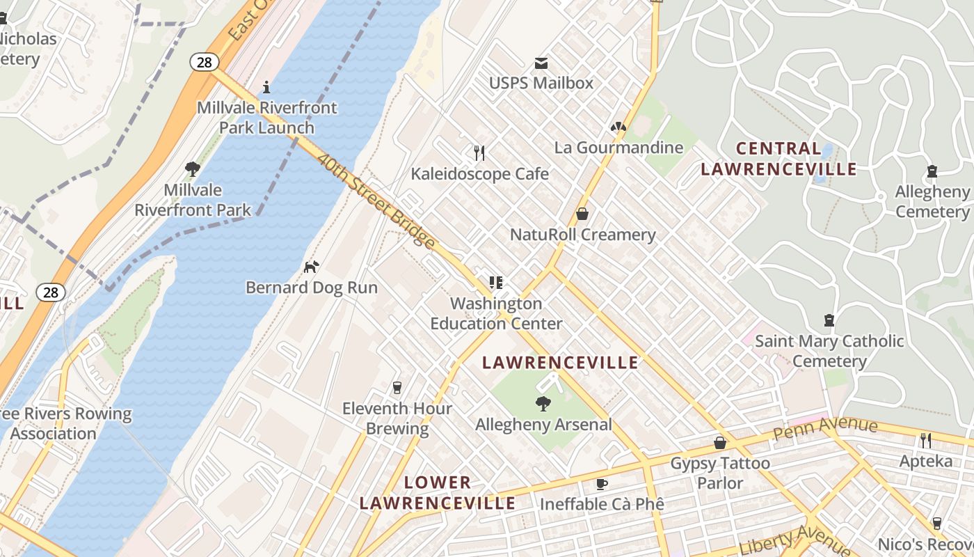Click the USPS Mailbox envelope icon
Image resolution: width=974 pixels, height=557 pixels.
tap(541, 63)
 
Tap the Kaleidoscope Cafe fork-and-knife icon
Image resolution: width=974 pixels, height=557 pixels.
tap(479, 152)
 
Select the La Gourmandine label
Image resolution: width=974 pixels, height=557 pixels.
tap(618, 148)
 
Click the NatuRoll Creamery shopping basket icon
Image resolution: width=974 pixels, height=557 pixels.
tap(582, 214)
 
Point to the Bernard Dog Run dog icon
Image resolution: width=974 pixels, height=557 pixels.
tap(312, 267)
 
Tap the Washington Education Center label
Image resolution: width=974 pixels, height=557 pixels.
tap(496, 313)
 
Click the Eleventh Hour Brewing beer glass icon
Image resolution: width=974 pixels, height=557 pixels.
tap(397, 387)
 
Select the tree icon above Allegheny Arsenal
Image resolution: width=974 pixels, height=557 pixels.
tap(543, 403)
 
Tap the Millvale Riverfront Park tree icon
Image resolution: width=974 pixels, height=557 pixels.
tap(193, 168)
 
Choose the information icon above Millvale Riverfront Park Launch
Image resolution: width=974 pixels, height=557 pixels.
tap(266, 87)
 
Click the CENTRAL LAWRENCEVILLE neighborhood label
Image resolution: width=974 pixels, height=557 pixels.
tap(779, 159)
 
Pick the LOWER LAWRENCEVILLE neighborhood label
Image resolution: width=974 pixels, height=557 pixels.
tap(438, 493)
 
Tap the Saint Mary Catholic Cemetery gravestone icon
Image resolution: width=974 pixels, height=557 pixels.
tap(829, 320)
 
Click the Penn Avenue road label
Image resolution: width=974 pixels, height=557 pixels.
tap(825, 428)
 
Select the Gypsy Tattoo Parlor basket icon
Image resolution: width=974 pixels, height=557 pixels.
tap(720, 443)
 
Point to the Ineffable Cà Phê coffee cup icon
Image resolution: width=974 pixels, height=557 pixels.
tap(602, 484)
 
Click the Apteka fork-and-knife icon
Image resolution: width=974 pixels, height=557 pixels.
tap(925, 440)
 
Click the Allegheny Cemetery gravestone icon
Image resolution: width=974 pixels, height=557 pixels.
tap(932, 171)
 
